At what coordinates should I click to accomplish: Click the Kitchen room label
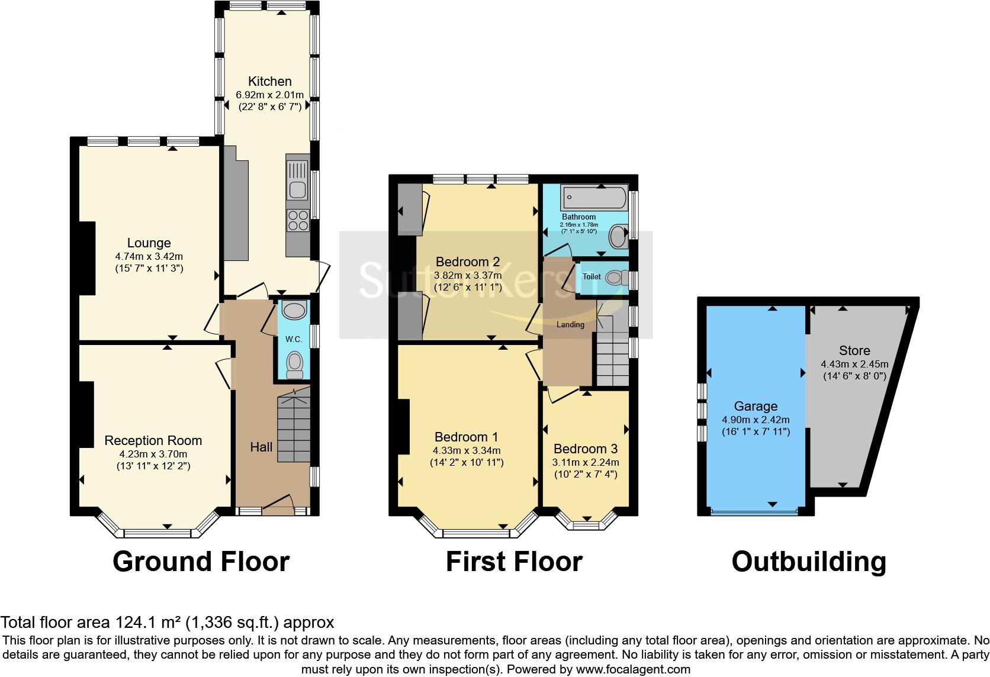269,82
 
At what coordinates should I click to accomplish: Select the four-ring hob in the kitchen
297,220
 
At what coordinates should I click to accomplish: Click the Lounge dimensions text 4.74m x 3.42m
149,257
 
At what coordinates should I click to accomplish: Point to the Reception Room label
153,441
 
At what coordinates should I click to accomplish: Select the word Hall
261,447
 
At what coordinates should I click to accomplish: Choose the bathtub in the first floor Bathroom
594,196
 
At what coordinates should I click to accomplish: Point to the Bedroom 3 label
585,449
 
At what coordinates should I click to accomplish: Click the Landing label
570,325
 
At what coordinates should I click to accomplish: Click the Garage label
756,407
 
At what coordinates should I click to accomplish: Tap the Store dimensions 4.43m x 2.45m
854,365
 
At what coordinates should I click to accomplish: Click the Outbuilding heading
809,561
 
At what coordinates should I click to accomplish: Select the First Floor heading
514,561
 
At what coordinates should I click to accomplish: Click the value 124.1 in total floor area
127,623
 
